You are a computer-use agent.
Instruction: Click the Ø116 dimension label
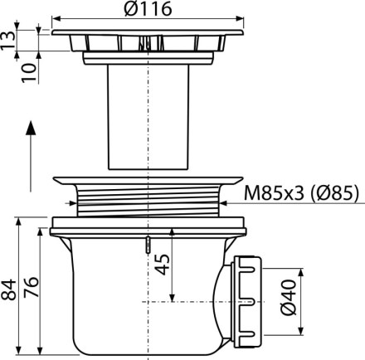[x=148, y=8]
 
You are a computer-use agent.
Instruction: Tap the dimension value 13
[x=7, y=41]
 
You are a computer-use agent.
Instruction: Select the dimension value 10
[x=29, y=72]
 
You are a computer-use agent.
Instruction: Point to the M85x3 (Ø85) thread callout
[x=301, y=192]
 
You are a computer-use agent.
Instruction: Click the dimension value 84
[x=8, y=289]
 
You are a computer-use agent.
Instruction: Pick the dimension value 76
[x=31, y=287]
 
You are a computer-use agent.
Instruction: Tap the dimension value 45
[x=163, y=265]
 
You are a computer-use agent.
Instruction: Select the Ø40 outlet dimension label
[x=289, y=297]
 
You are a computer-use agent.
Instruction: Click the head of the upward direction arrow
[x=31, y=128]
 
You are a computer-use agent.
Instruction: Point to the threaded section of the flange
[x=148, y=201]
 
